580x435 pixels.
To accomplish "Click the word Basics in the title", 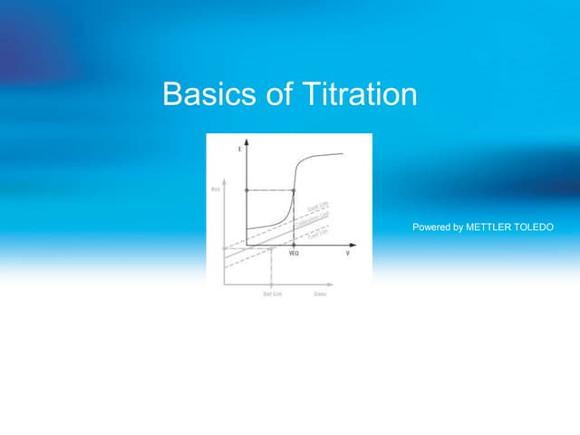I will point(202,94).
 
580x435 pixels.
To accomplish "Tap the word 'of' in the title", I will point(270,94).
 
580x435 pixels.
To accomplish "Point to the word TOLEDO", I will point(533,227).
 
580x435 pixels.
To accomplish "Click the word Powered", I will point(432,227).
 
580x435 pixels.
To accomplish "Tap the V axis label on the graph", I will point(347,254).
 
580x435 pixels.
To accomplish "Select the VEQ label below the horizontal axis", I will point(294,254).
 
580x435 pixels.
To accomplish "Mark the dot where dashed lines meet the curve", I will point(294,190).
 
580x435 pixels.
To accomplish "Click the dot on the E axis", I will point(246,190).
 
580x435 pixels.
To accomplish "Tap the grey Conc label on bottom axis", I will point(320,295).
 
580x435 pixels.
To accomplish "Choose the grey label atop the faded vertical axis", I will point(215,188).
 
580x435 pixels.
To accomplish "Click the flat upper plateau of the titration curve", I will point(326,155).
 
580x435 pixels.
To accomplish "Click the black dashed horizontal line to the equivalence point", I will point(270,190).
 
